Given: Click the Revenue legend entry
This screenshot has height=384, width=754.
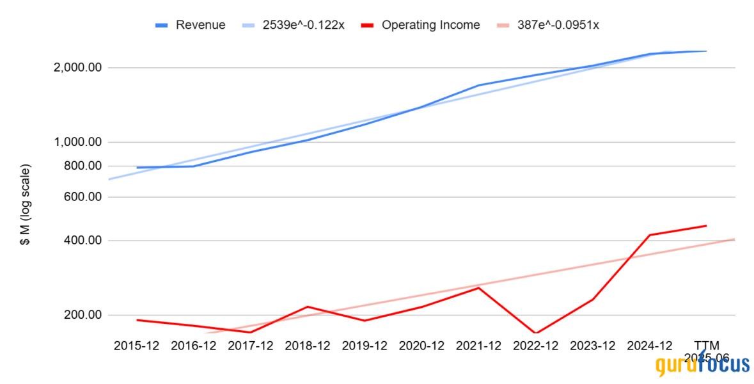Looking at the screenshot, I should (x=200, y=25).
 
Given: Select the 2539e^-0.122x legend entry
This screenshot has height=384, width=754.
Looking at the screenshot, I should (x=303, y=25).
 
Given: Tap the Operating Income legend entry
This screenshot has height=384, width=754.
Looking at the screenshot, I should (x=430, y=25).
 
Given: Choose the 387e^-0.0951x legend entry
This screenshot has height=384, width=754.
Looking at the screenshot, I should (x=558, y=25).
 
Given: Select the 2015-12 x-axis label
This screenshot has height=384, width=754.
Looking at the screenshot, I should (x=137, y=346).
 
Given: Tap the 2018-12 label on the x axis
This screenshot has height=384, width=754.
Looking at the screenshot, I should (x=308, y=346).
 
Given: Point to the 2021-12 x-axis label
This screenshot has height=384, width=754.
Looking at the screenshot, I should (x=478, y=346).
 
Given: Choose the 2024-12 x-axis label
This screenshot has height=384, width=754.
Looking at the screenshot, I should (x=649, y=346).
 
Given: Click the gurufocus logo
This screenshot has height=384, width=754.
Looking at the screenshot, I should (x=702, y=365).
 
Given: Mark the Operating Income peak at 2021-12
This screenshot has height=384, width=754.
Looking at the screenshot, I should (x=478, y=287).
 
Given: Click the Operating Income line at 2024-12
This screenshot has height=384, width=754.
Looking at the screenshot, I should (x=649, y=235).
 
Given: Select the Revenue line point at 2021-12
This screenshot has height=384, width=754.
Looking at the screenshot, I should (x=478, y=85).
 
